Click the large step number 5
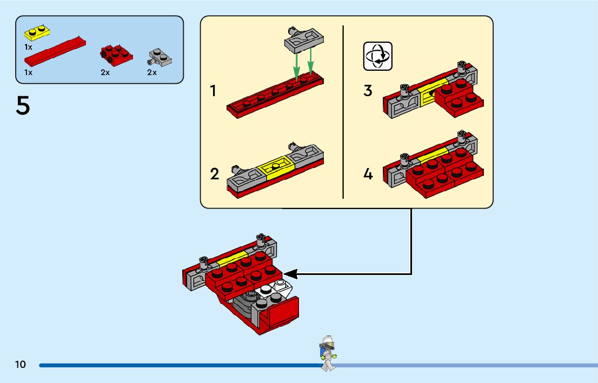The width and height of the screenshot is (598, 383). click(23, 105)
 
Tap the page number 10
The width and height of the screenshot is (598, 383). click(21, 364)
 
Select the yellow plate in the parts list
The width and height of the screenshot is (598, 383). click(37, 33)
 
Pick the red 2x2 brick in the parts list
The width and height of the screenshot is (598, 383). click(116, 55)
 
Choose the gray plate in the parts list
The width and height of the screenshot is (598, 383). click(160, 58)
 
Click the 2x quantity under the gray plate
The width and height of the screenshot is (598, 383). click(152, 72)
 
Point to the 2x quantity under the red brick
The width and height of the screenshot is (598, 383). click(105, 72)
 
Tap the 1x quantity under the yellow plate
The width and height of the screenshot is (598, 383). click(28, 47)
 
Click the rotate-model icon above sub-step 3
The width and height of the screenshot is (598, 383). click(377, 56)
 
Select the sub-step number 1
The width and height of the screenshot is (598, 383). click(213, 91)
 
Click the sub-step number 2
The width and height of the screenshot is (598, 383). click(215, 174)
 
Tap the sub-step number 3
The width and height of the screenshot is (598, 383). click(368, 91)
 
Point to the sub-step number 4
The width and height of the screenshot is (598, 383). click(368, 174)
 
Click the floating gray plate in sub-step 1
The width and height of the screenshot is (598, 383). click(304, 39)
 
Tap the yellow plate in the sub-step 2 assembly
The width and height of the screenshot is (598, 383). click(275, 167)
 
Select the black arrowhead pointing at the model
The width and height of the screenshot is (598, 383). click(290, 274)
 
